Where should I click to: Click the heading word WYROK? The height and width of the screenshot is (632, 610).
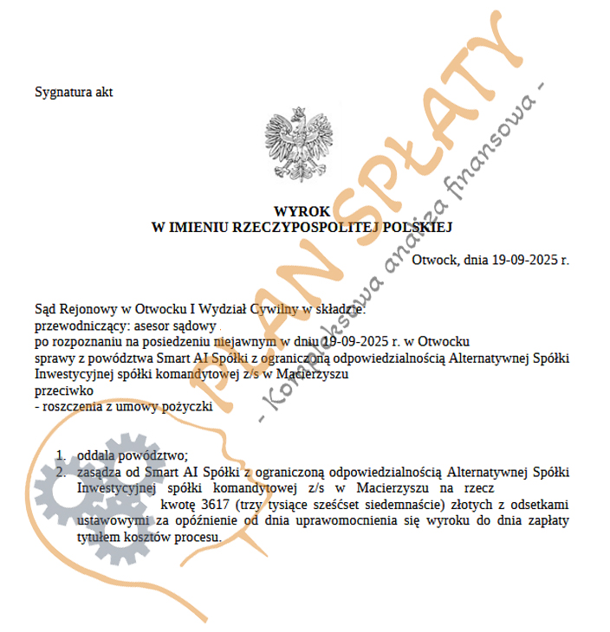[302, 211]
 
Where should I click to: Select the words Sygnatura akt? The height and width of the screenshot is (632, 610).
[74, 92]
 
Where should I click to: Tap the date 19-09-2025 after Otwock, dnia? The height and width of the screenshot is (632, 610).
[522, 259]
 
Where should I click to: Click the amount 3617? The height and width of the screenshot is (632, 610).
[215, 505]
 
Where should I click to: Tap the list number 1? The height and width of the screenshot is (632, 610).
[61, 456]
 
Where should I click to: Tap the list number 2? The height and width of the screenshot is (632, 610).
[61, 472]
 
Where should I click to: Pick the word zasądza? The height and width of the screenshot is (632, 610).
[100, 472]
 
